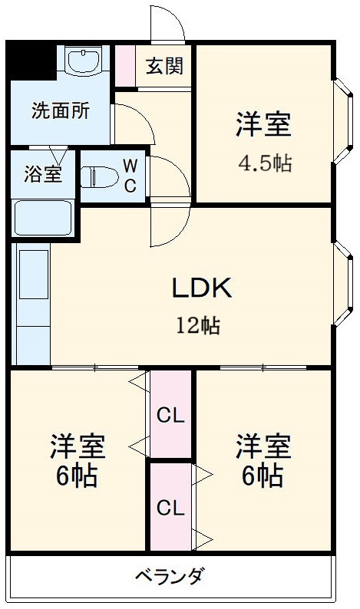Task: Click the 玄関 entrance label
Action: (164, 67)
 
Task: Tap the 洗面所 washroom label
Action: (61, 110)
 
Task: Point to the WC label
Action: (130, 174)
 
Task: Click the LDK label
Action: (200, 288)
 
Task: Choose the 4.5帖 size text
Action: (263, 163)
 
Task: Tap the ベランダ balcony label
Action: (170, 577)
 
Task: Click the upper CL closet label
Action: (170, 416)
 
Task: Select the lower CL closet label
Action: (170, 507)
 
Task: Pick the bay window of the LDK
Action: (342, 285)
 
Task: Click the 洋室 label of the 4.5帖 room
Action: (263, 125)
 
